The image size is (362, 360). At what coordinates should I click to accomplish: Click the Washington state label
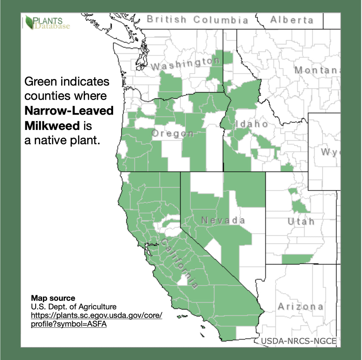185,63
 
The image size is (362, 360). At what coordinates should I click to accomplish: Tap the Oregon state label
173,134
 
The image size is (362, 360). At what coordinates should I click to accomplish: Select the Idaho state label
252,124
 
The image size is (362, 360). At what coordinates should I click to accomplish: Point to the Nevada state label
223,220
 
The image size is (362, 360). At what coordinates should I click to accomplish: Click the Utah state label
301,222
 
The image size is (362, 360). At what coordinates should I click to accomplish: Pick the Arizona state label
300,307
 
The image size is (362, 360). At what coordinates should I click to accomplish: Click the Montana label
317,70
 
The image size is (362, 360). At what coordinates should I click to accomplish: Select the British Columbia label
198,20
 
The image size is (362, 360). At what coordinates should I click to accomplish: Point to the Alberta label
292,20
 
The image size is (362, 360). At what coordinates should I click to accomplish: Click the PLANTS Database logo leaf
30,22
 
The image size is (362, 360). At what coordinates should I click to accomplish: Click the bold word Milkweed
52,126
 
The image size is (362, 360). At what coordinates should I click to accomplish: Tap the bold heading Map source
53,298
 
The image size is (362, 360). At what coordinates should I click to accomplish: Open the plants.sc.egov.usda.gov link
97,316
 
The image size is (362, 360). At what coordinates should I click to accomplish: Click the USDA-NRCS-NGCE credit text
298,341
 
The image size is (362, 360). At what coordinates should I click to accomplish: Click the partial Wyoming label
330,152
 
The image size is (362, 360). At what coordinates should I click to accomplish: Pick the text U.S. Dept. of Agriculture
74,307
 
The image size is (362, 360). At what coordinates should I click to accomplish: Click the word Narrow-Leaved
69,111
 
